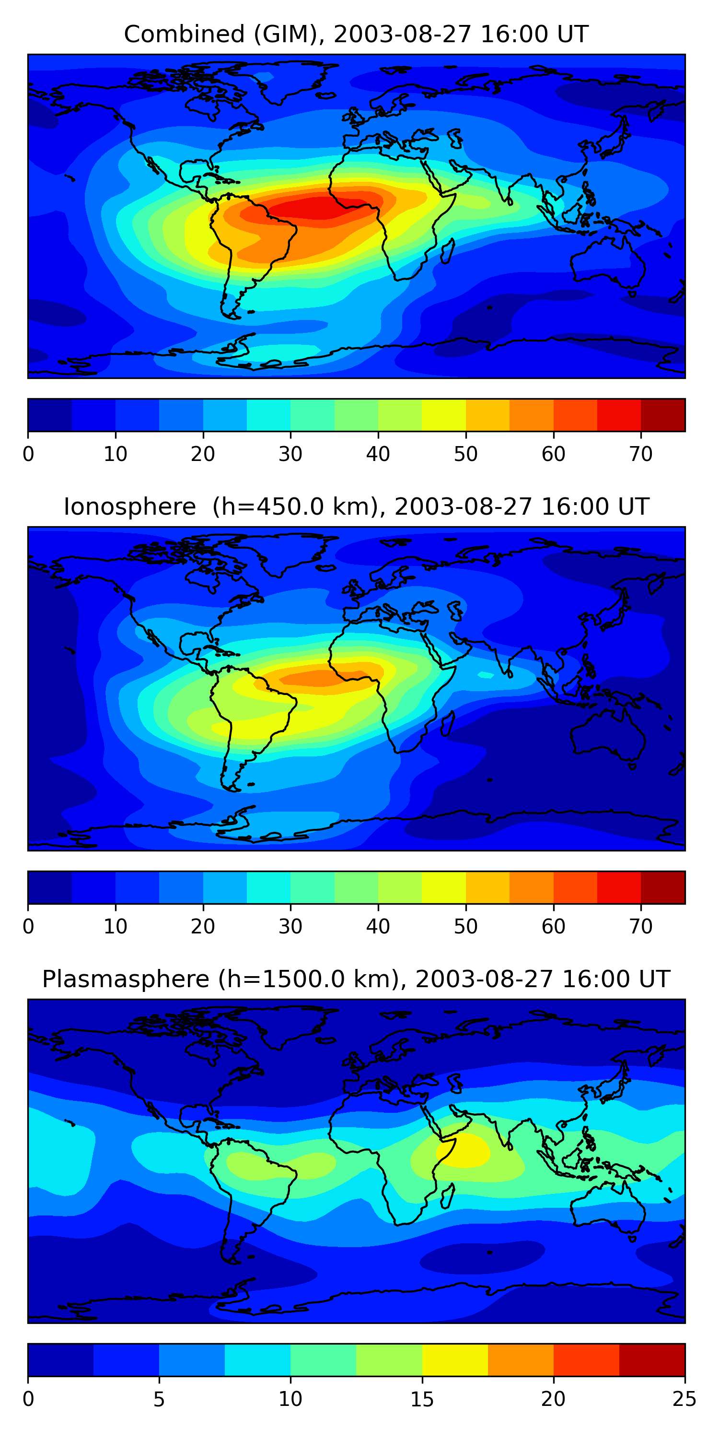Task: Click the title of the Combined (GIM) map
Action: click(x=356, y=34)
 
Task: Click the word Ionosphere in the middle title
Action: click(x=129, y=507)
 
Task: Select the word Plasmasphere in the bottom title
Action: click(x=125, y=979)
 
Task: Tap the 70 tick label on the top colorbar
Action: click(x=640, y=454)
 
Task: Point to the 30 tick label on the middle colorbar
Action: click(x=290, y=927)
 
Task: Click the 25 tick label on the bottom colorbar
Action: click(x=684, y=1399)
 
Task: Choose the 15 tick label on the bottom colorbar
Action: click(x=421, y=1399)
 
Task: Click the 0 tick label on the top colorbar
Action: click(x=28, y=454)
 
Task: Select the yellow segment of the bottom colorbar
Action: click(x=454, y=1360)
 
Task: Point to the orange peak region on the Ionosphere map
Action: click(x=313, y=678)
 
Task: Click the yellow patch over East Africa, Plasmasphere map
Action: click(x=464, y=1151)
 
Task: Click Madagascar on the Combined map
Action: click(x=448, y=252)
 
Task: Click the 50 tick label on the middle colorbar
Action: click(x=465, y=927)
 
